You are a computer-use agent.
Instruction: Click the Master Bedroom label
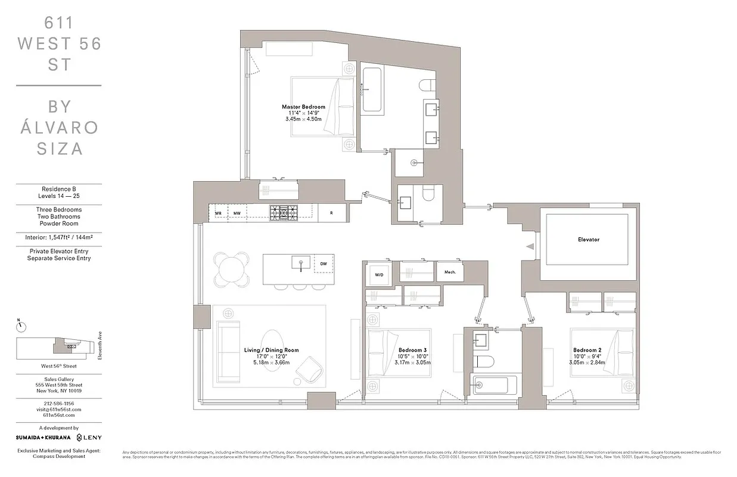tap(303, 107)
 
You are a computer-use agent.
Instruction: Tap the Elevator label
tap(588, 240)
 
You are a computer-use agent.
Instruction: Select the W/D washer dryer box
tap(379, 274)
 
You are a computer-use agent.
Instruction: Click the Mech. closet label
tap(450, 272)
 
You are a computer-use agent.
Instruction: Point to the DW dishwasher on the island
tap(324, 263)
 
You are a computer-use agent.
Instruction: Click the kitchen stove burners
tap(283, 212)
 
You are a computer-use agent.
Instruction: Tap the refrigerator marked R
tap(331, 212)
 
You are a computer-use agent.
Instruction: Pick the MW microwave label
tap(237, 213)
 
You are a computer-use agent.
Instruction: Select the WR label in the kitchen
tap(218, 213)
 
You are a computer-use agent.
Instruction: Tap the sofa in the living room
tap(225, 351)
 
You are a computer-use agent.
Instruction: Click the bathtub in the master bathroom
tap(372, 91)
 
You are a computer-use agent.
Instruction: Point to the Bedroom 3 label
tap(412, 350)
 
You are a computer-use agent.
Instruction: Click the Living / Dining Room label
tap(271, 350)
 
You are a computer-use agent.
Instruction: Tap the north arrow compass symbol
tap(20, 326)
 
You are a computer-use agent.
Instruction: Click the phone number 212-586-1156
tap(58, 403)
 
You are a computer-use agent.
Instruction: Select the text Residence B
tap(58, 189)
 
